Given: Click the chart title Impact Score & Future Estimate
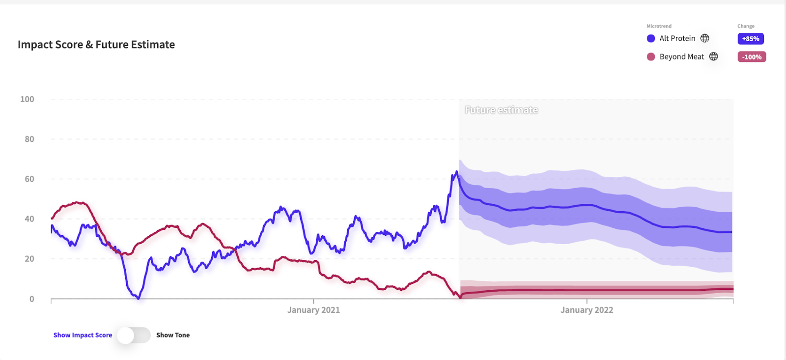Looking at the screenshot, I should [96, 45].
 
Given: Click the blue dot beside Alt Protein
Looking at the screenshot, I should [651, 38].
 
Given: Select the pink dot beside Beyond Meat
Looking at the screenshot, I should [651, 57].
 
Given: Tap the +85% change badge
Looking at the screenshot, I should [751, 39].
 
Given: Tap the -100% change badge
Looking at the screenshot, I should [752, 57].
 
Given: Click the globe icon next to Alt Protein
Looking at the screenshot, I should [705, 38].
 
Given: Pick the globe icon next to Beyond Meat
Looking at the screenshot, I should [714, 56].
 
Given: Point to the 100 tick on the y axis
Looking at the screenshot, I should [27, 99].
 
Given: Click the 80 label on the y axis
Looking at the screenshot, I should [29, 139].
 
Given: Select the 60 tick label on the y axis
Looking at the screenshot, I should [29, 179].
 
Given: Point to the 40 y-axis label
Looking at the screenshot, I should [29, 219].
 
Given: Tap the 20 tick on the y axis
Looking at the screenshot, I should [29, 259].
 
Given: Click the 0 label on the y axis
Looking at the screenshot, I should [32, 299].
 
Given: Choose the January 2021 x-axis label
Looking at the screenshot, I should [313, 310].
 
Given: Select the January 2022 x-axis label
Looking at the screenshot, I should [587, 310].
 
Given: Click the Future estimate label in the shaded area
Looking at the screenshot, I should [501, 110].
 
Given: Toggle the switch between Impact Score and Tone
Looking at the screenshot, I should [134, 335].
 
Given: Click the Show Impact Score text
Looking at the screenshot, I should [83, 335].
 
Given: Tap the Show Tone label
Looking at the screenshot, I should [173, 335].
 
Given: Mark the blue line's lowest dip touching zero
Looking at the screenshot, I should [138, 298].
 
